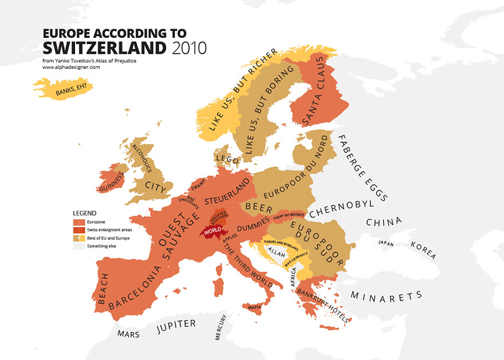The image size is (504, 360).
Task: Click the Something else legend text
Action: pos(101,246)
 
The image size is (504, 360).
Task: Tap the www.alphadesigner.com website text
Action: pos(71,67)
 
